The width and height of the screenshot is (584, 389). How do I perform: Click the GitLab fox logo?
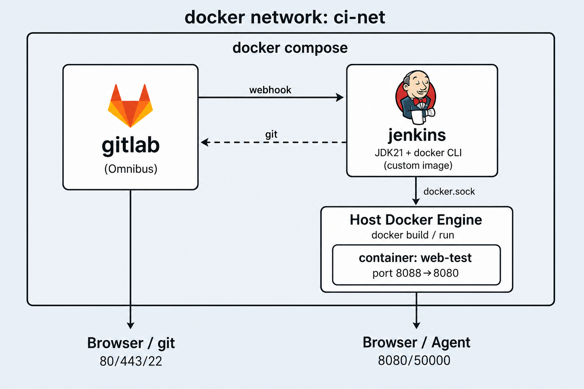click(130, 106)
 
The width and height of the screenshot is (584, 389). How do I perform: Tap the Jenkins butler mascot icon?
click(416, 97)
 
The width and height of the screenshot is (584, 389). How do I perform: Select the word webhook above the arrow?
click(270, 90)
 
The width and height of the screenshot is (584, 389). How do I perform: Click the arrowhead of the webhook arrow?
click(340, 98)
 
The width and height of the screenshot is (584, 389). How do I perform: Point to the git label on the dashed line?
click(271, 134)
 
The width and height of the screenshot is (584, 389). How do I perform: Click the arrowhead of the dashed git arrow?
click(205, 142)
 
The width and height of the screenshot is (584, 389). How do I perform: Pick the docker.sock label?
click(449, 191)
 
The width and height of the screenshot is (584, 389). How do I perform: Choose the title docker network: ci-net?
click(285, 17)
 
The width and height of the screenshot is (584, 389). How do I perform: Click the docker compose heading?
click(290, 48)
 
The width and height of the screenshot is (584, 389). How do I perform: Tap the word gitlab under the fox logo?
click(130, 145)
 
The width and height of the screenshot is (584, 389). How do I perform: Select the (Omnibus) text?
click(131, 169)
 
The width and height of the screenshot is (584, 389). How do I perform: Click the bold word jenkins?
click(417, 135)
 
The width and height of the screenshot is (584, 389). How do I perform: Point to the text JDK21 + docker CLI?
click(418, 153)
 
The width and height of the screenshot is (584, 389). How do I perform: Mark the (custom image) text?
click(418, 166)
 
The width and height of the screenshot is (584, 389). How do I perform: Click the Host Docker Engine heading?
click(416, 220)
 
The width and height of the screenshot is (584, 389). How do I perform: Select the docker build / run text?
click(413, 235)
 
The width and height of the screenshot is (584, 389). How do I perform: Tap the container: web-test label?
click(415, 258)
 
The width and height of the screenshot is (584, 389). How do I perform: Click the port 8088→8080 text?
click(415, 273)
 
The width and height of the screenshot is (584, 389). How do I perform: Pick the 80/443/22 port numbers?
click(131, 361)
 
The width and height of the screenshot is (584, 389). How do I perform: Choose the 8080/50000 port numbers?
click(414, 361)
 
